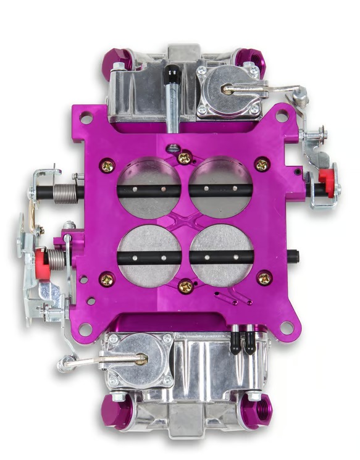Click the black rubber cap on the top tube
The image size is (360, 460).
point(171,78)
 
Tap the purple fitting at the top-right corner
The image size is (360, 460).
point(253,62)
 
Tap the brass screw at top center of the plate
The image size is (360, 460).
point(184,159)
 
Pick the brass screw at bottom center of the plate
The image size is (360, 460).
point(185,286)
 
